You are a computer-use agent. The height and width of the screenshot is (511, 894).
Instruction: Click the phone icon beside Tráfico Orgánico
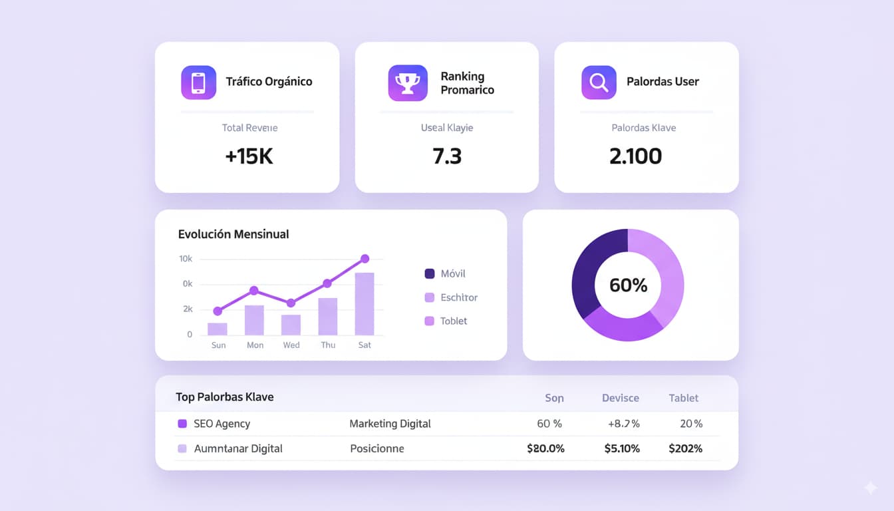click(198, 83)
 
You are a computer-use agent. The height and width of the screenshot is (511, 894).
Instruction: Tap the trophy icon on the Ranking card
click(408, 83)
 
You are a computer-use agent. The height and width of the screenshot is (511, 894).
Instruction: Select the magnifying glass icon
click(598, 83)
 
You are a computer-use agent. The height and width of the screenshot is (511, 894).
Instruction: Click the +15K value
click(249, 156)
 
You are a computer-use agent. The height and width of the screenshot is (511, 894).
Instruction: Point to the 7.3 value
click(447, 156)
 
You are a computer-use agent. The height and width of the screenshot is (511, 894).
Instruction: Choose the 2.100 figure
click(635, 156)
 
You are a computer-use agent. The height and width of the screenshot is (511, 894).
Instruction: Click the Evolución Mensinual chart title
click(233, 234)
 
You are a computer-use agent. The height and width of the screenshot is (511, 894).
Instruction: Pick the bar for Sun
click(218, 329)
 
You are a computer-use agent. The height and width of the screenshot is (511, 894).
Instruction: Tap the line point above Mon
click(254, 290)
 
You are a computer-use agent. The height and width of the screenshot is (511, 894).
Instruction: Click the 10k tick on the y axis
click(186, 258)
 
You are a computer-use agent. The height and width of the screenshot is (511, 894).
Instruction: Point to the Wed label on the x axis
click(291, 345)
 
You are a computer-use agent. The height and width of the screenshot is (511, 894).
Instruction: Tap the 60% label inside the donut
click(628, 285)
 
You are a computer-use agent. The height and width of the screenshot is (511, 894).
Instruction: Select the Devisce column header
click(620, 398)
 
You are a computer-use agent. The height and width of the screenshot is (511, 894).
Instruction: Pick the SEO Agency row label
click(222, 424)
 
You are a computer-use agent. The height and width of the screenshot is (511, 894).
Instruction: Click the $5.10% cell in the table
click(622, 448)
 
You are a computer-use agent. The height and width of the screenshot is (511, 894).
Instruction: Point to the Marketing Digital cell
click(390, 424)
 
